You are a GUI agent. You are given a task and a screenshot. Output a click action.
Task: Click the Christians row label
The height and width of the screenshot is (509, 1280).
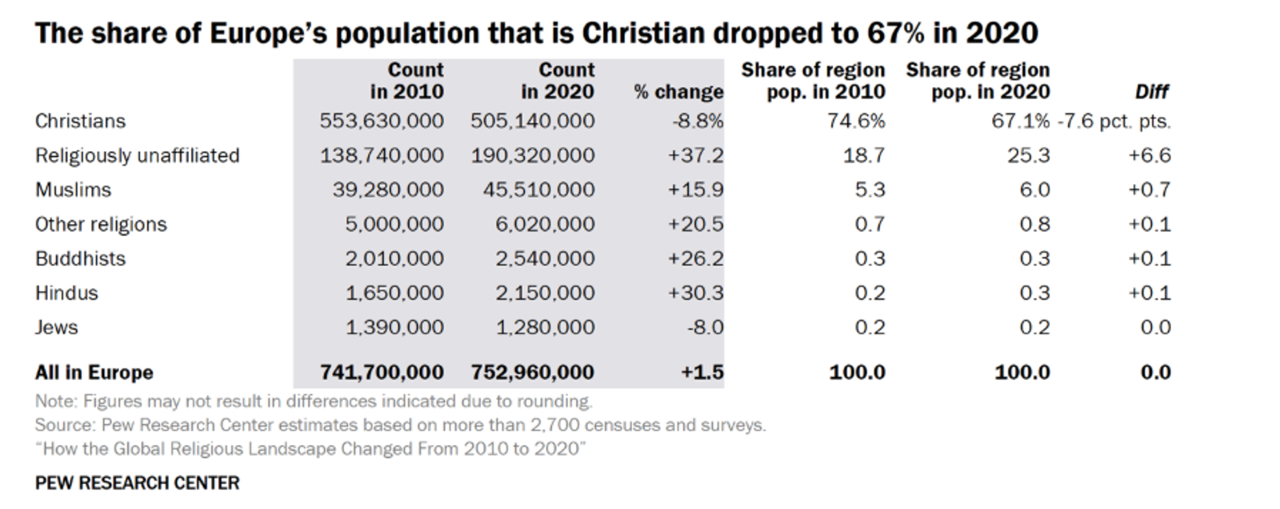pyautogui.click(x=80, y=121)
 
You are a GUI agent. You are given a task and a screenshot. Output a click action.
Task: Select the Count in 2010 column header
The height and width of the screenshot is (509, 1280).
pyautogui.click(x=406, y=81)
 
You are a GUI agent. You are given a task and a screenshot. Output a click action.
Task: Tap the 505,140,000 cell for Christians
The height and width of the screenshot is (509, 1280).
pyautogui.click(x=532, y=121)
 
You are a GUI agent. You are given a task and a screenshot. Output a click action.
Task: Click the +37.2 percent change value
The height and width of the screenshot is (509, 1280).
pyautogui.click(x=695, y=155)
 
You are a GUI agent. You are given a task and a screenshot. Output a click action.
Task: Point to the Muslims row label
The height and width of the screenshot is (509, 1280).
pyautogui.click(x=73, y=190)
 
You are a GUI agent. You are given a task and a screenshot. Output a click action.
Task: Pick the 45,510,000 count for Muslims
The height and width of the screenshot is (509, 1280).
pyautogui.click(x=538, y=190)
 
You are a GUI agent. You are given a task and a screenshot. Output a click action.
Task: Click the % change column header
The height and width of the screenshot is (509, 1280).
pyautogui.click(x=678, y=92)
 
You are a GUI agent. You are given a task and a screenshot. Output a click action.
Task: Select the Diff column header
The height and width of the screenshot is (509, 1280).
pyautogui.click(x=1152, y=92)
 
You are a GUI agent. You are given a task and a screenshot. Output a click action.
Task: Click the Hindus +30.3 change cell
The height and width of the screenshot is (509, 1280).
pyautogui.click(x=695, y=293)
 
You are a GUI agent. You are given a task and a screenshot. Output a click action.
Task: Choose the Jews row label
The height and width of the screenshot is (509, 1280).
pyautogui.click(x=56, y=327)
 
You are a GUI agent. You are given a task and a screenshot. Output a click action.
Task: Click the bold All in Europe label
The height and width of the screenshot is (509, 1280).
pyautogui.click(x=94, y=372)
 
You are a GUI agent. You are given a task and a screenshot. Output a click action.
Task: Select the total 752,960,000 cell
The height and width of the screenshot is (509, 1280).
pyautogui.click(x=532, y=372)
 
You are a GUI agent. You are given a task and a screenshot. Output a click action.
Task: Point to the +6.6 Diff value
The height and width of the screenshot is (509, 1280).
pyautogui.click(x=1149, y=155)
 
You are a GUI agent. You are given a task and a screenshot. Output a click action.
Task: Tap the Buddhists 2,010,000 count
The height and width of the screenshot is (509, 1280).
pyautogui.click(x=394, y=259)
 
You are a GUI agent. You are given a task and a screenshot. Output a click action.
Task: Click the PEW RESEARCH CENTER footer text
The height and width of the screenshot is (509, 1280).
pyautogui.click(x=137, y=483)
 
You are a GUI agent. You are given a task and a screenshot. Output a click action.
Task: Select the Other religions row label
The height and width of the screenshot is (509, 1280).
pyautogui.click(x=101, y=224)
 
